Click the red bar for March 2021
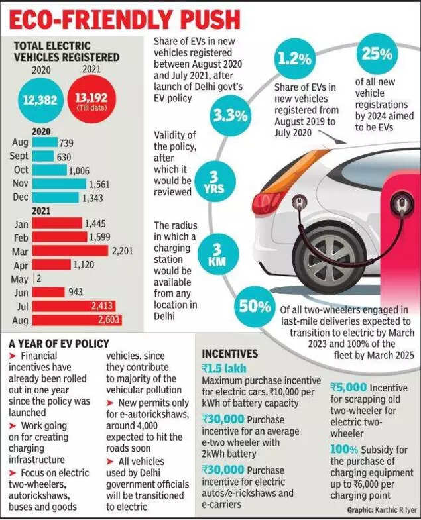[69, 252]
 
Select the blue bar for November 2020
[58, 184]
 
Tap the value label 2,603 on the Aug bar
[105, 321]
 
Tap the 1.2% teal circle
[294, 59]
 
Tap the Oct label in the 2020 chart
[20, 170]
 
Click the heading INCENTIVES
[229, 354]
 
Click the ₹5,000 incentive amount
[347, 387]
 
